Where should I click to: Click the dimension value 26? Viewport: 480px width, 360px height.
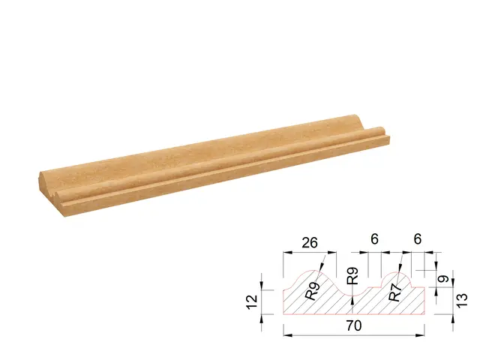coord(310,243)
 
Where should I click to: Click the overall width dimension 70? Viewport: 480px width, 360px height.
coord(354,325)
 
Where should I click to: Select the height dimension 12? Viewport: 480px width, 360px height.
coord(253,301)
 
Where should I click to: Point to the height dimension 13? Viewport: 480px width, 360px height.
coord(462,300)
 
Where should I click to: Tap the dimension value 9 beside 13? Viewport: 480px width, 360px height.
coord(443,279)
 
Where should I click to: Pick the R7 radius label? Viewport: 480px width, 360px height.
coord(395,292)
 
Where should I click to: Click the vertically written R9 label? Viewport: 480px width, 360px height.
coord(353,276)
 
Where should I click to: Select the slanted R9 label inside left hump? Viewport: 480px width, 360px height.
coord(313,290)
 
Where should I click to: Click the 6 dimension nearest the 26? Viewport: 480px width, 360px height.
coord(374,238)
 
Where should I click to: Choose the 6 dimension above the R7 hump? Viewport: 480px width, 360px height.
coord(418,238)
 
